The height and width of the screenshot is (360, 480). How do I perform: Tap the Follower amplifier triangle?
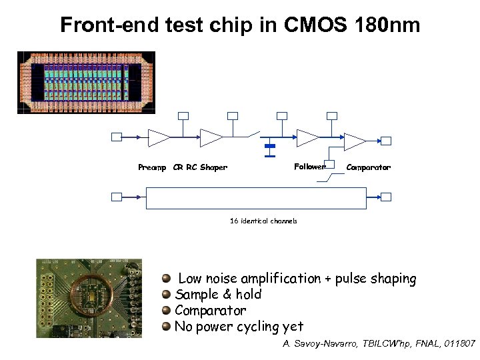pyautogui.click(x=307, y=138)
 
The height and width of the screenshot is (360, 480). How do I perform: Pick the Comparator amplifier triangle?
pyautogui.click(x=353, y=141)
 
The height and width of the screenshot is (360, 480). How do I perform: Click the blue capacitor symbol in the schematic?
pyautogui.click(x=270, y=146)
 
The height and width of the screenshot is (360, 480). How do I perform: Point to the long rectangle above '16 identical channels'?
pyautogui.click(x=256, y=198)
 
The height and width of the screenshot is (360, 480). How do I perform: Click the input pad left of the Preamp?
pyautogui.click(x=116, y=137)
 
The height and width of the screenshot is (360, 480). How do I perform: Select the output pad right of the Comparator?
pyautogui.click(x=385, y=141)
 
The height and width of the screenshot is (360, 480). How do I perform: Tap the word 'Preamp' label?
pyautogui.click(x=152, y=167)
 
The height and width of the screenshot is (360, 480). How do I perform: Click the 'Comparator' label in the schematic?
pyautogui.click(x=368, y=167)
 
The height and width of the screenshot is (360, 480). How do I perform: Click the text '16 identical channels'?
pyautogui.click(x=263, y=221)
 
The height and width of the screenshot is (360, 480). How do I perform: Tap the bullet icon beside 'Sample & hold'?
pyautogui.click(x=167, y=295)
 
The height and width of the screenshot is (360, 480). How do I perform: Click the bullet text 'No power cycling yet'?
pyautogui.click(x=239, y=327)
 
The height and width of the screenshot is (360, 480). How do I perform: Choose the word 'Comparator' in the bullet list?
pyautogui.click(x=210, y=311)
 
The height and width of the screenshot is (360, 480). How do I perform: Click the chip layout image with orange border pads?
pyautogui.click(x=86, y=83)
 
